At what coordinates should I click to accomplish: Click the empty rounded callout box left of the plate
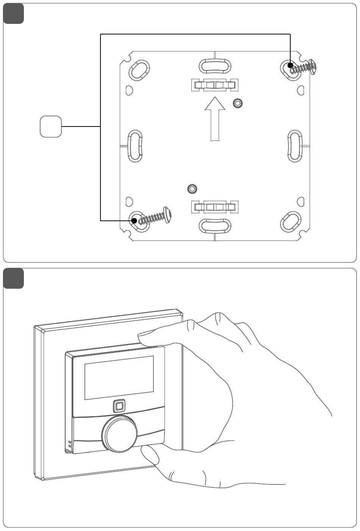51,127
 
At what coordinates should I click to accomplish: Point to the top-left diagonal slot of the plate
139,69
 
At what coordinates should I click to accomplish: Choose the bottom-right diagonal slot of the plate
291,222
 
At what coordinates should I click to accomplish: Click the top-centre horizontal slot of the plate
215,66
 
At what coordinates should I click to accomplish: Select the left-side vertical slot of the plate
135,146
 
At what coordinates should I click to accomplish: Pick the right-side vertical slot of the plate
295,146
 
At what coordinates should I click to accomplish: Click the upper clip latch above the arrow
215,85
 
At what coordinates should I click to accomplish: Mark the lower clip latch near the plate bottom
215,206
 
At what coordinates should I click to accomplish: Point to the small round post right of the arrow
238,103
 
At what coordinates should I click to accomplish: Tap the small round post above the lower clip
192,189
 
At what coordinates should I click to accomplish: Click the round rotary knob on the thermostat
119,434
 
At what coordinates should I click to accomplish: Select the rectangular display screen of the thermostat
119,378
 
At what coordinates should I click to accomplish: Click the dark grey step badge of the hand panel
14,278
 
